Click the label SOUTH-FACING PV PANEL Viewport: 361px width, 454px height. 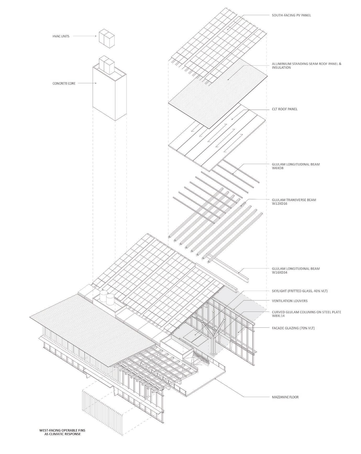coord(291,15)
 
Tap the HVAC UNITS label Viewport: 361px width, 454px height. coord(61,36)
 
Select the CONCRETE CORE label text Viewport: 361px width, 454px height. coord(64,83)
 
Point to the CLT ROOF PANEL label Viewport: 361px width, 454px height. coord(285,109)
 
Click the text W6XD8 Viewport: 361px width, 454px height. coord(278,168)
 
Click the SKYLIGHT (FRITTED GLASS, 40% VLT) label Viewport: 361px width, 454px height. coord(299,291)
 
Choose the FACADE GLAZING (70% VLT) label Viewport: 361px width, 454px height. coord(293,328)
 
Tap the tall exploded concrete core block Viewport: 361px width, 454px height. coord(109,93)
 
